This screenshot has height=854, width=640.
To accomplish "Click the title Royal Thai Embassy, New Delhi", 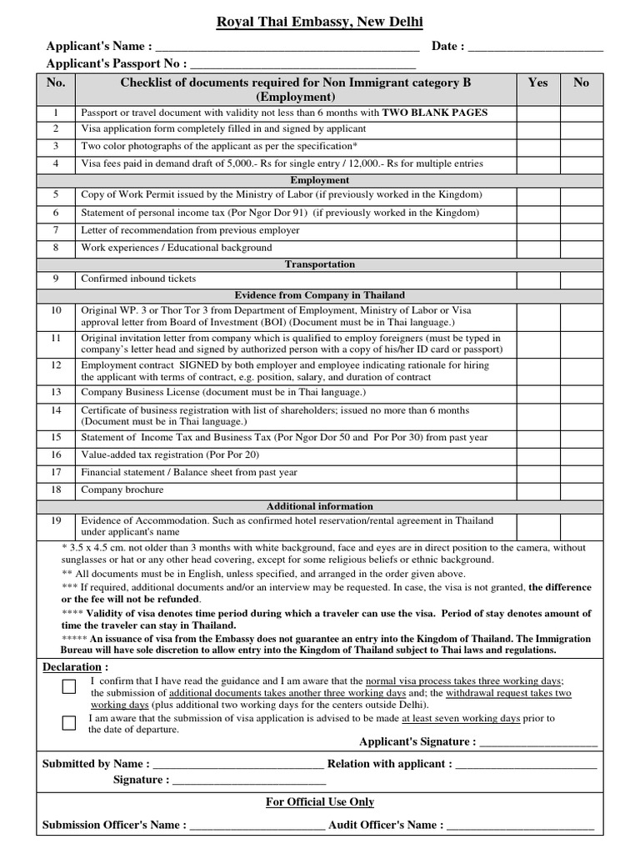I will [320, 22].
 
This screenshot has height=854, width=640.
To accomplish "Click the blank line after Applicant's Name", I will [287, 48].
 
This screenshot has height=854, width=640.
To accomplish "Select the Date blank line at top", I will [535, 48].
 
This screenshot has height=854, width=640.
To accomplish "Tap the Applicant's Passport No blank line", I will [303, 64].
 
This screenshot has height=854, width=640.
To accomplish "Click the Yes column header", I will [538, 83].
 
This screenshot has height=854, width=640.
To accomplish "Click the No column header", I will [582, 83].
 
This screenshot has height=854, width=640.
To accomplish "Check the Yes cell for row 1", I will [538, 113].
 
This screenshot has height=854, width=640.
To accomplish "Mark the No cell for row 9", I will [582, 279].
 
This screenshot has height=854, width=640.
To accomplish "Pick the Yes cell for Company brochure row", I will [538, 490].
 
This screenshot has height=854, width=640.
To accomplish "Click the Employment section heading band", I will [320, 180].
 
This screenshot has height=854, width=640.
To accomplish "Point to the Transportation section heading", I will [320, 264].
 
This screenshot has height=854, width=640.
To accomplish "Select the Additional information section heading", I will [320, 506].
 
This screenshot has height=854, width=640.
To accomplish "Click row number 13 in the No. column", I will [56, 392].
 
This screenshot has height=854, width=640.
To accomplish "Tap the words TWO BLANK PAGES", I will [436, 113].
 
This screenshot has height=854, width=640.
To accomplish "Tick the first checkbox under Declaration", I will [69, 686].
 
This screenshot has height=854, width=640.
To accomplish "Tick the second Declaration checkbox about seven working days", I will [69, 722].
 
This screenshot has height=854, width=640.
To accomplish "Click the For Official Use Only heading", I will [320, 802].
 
